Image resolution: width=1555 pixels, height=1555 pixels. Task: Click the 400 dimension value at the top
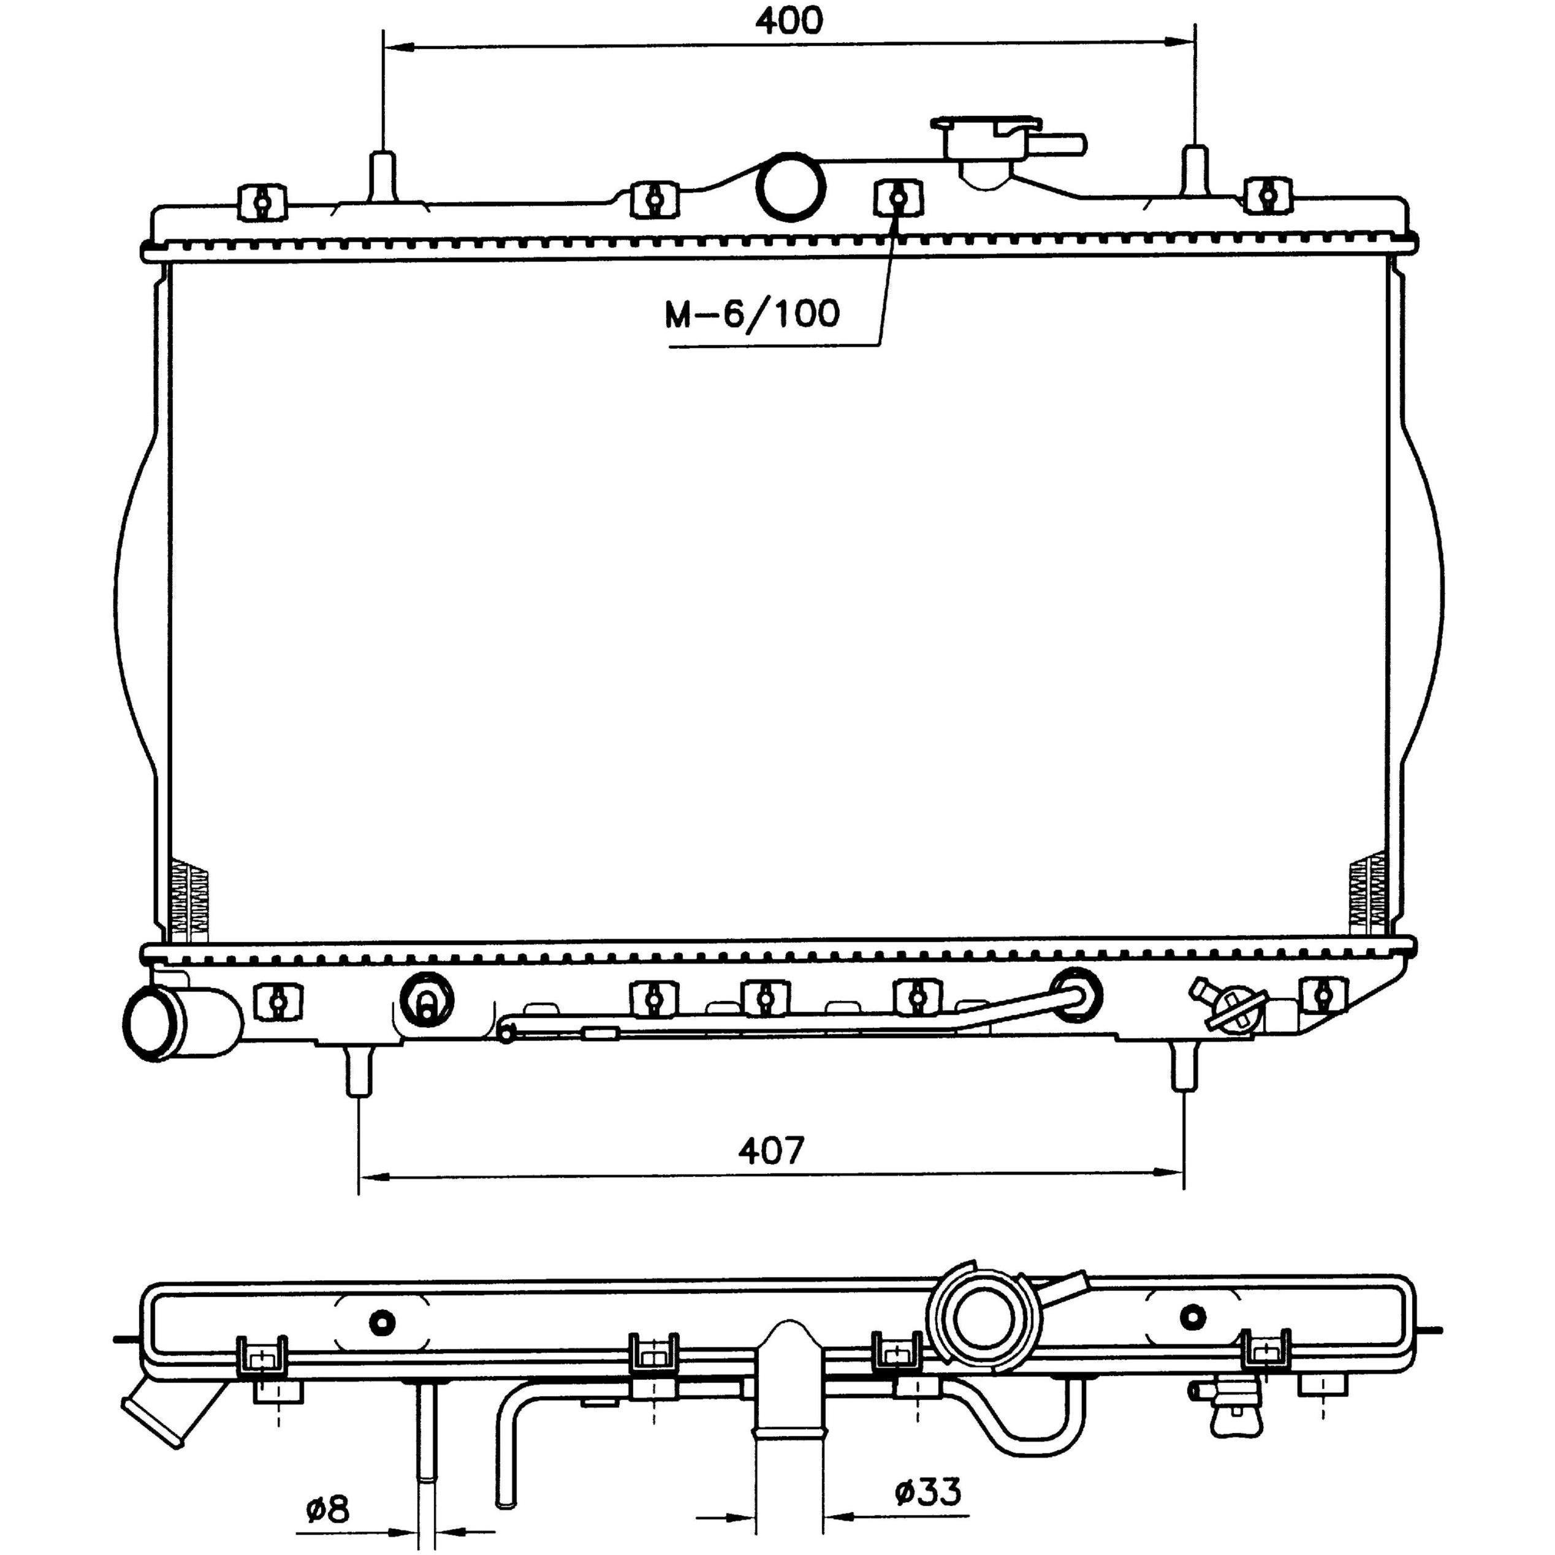(789, 21)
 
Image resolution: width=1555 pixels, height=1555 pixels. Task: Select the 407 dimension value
(772, 1150)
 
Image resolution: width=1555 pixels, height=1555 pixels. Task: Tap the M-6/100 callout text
(751, 314)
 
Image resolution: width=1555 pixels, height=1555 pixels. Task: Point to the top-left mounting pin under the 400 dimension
(382, 175)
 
